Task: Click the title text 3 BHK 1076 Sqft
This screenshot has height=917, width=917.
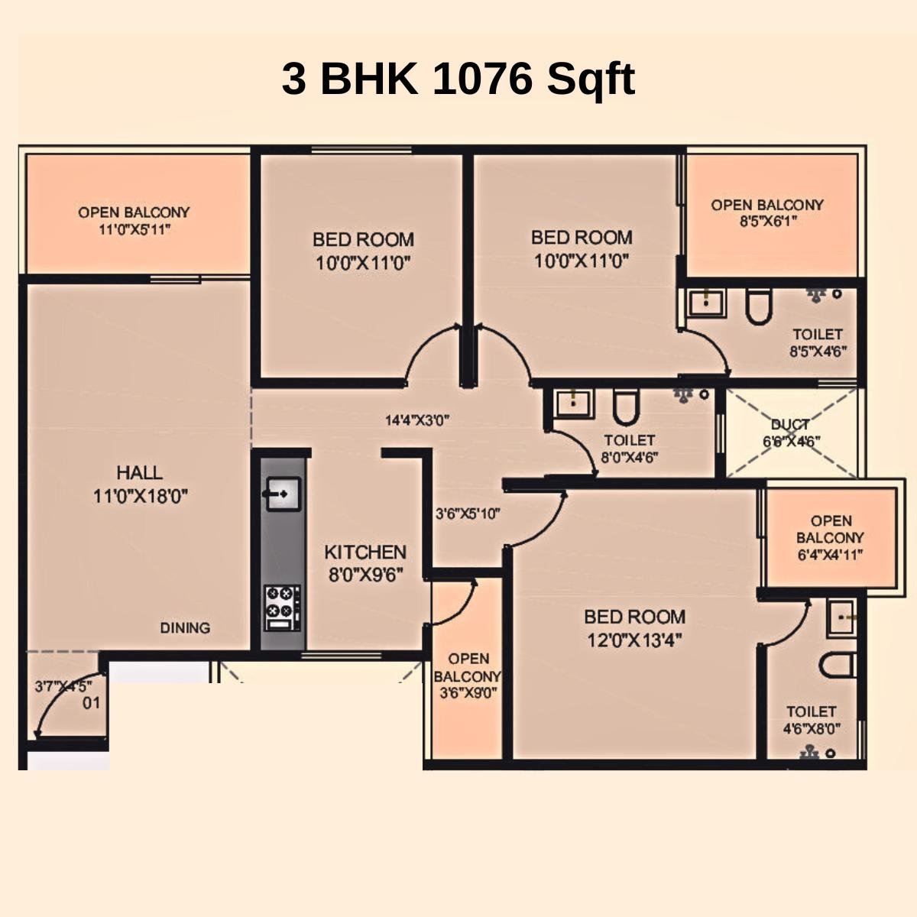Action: click(458, 79)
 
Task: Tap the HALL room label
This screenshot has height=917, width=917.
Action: click(140, 472)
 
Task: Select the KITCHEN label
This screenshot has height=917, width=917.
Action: click(365, 552)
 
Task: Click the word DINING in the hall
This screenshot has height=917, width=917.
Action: click(185, 628)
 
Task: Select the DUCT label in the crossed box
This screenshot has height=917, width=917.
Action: click(790, 425)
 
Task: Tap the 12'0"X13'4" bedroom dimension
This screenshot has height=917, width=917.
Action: click(634, 640)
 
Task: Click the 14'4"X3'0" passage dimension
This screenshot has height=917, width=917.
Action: click(416, 420)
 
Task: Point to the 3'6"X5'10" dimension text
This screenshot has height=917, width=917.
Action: click(468, 514)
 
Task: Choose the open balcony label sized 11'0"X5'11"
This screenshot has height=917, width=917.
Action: click(134, 220)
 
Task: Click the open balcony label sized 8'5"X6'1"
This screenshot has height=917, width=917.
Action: click(767, 213)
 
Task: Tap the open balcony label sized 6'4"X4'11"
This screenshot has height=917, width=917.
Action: click(831, 538)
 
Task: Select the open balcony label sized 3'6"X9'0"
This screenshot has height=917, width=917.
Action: click(468, 676)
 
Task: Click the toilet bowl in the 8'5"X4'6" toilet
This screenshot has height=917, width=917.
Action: click(759, 307)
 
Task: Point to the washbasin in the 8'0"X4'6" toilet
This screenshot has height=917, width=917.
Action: click(574, 403)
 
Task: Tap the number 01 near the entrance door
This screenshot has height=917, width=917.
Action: click(91, 702)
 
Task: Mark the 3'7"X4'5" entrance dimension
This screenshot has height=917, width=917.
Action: click(63, 686)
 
